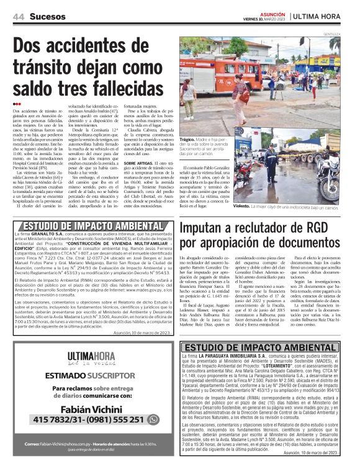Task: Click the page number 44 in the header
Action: tap(17, 14)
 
